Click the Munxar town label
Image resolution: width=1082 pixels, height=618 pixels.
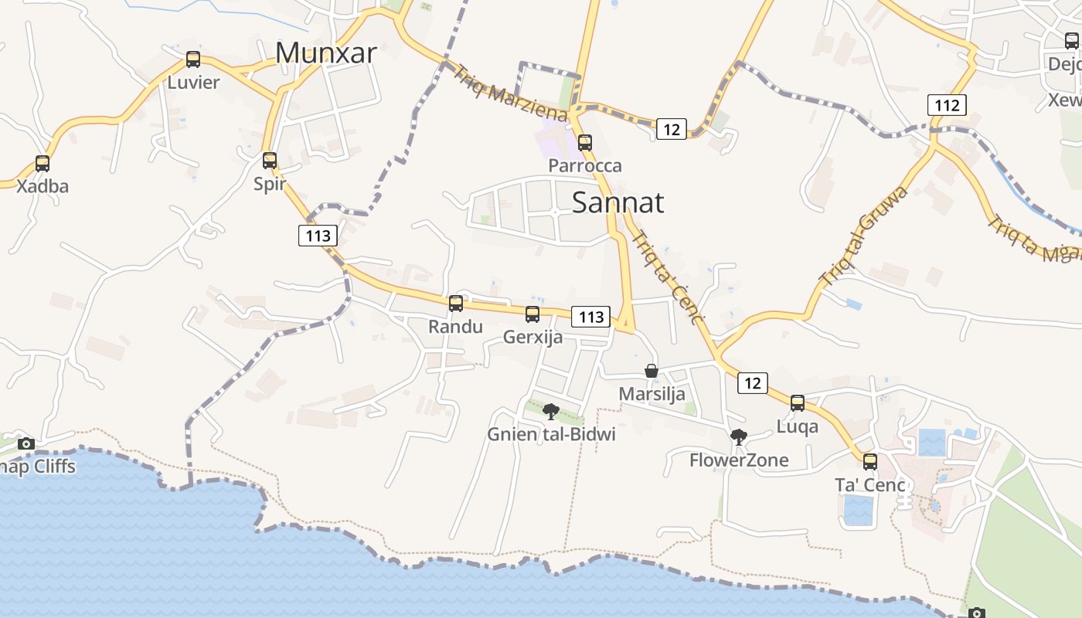pyautogui.click(x=325, y=53)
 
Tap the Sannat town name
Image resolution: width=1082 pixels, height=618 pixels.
pyautogui.click(x=618, y=202)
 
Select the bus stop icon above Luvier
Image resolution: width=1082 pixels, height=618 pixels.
pyautogui.click(x=193, y=59)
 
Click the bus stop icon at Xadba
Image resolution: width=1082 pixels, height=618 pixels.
pyautogui.click(x=43, y=164)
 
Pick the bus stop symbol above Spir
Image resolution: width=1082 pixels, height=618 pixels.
pyautogui.click(x=270, y=161)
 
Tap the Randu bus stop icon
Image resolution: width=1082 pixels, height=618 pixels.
pyautogui.click(x=456, y=304)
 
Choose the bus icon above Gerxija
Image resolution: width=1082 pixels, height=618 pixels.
pyautogui.click(x=532, y=314)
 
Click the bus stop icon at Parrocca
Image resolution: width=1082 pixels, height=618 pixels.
pyautogui.click(x=585, y=143)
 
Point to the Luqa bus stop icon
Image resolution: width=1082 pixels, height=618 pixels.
pyautogui.click(x=798, y=403)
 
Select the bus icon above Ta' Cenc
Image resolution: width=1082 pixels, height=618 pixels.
pyautogui.click(x=870, y=462)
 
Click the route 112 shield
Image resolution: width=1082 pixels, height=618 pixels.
pyautogui.click(x=947, y=105)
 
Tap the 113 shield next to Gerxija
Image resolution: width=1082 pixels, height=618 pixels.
pyautogui.click(x=591, y=317)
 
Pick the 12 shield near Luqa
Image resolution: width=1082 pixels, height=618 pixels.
pyautogui.click(x=753, y=382)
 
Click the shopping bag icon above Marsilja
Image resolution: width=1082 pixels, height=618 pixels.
pyautogui.click(x=652, y=372)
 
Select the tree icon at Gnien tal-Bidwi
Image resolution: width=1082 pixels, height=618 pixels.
pyautogui.click(x=550, y=412)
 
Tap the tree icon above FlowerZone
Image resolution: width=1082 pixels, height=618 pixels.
pyautogui.click(x=739, y=437)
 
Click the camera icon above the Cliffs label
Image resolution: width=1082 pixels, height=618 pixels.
pyautogui.click(x=26, y=443)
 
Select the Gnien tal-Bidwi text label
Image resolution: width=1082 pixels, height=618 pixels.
pyautogui.click(x=551, y=434)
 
